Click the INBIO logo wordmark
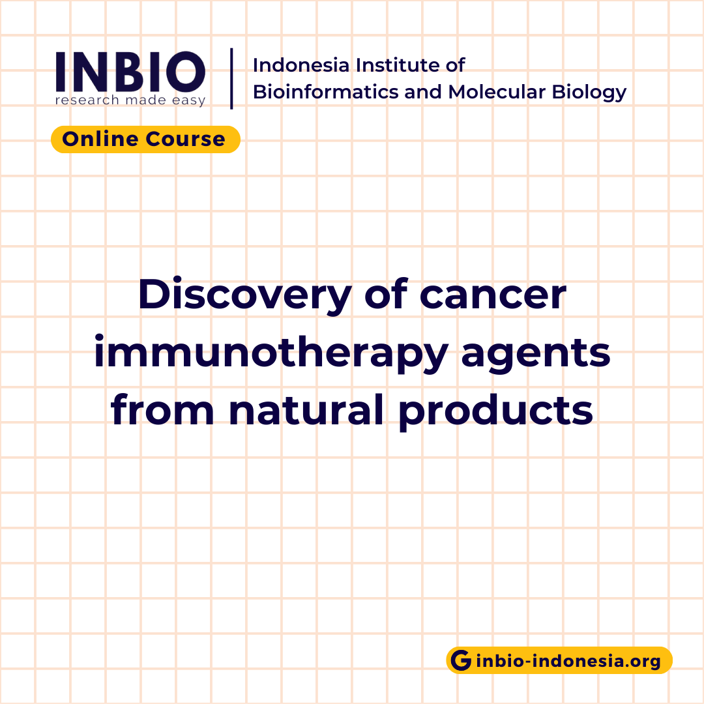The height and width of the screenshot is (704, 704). [130, 71]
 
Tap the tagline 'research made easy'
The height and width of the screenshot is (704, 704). [130, 100]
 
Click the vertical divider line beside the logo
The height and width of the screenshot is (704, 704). [231, 78]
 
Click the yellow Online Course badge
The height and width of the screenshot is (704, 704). [145, 139]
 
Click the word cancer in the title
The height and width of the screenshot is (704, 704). [493, 295]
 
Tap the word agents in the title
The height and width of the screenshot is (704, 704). [538, 353]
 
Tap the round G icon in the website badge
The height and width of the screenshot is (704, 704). [461, 661]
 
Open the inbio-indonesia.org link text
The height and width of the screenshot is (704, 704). [568, 661]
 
